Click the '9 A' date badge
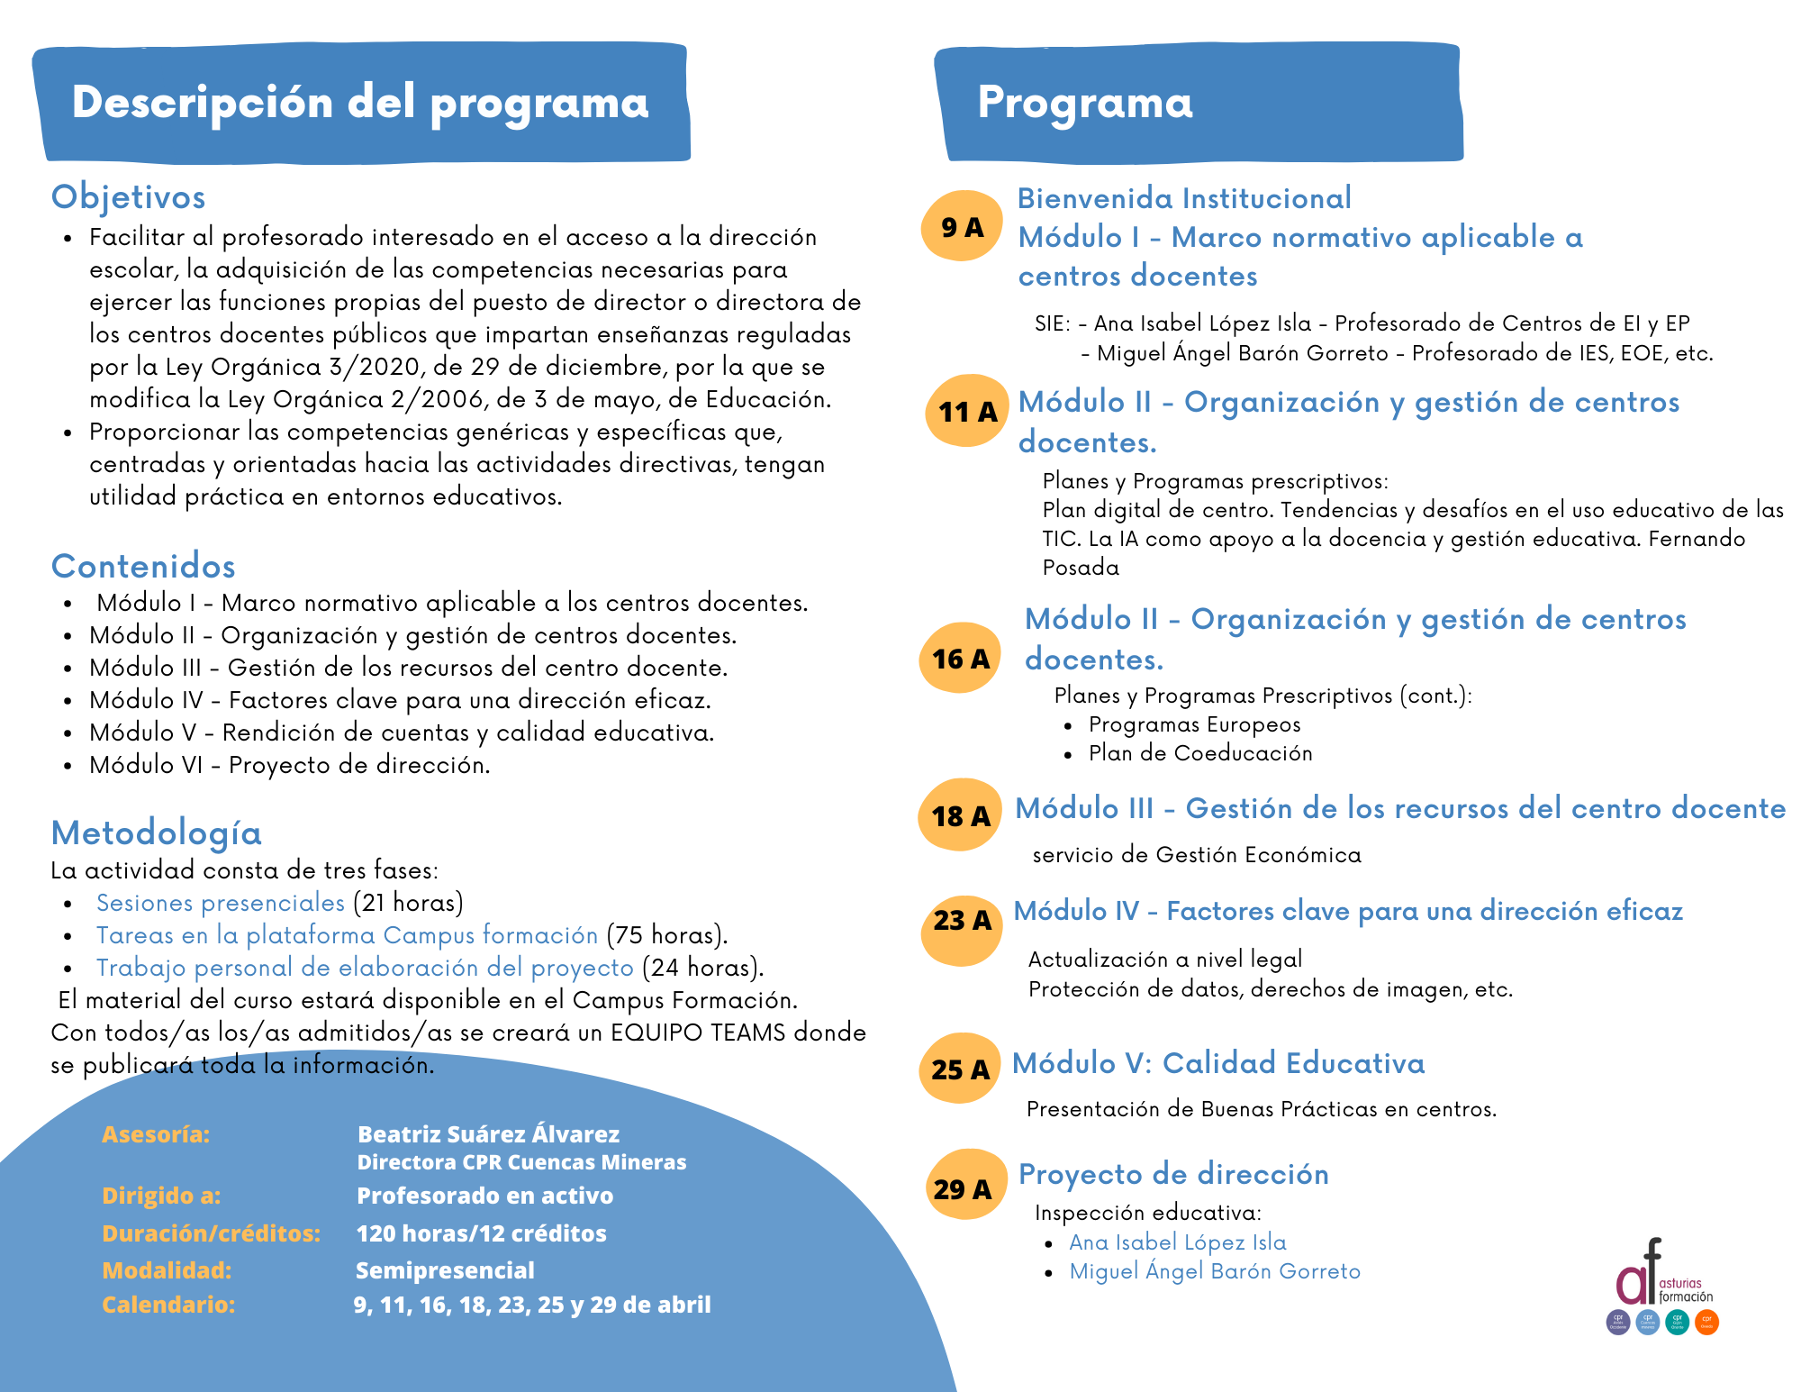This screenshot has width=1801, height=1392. [962, 226]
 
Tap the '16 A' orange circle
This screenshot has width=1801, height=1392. [960, 659]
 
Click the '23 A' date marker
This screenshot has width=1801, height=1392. [961, 921]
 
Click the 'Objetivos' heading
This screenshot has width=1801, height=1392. [129, 196]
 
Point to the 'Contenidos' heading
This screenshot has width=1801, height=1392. [144, 566]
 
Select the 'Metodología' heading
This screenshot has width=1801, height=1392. [157, 832]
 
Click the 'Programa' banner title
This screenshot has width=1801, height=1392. [1085, 102]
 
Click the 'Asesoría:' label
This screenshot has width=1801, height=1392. [156, 1133]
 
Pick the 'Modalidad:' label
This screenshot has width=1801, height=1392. [167, 1269]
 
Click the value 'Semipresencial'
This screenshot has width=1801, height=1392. [445, 1269]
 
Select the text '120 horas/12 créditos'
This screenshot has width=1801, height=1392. [481, 1233]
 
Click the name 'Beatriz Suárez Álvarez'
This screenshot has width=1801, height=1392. [488, 1133]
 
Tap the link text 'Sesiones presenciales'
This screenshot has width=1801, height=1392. [221, 903]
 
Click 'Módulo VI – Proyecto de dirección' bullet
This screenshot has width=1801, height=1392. [290, 765]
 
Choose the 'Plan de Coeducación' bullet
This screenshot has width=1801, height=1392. [1200, 753]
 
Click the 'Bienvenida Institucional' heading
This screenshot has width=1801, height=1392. [1184, 198]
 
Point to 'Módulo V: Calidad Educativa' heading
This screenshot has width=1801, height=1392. [1218, 1063]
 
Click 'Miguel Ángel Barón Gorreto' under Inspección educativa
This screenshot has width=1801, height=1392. [1215, 1271]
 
